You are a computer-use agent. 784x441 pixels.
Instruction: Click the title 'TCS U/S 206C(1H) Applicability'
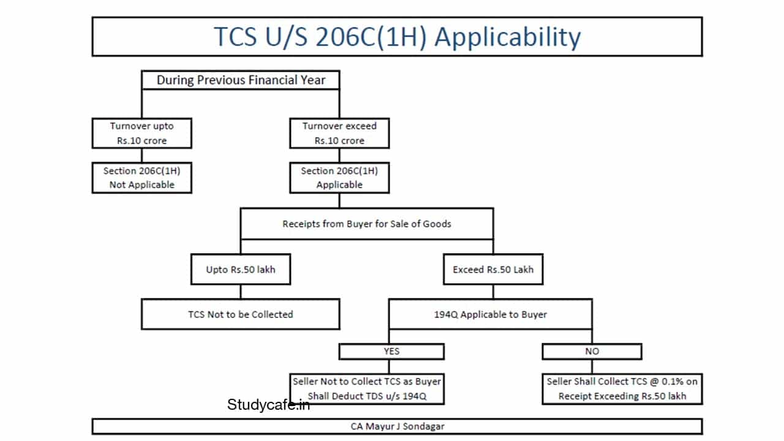[397, 37]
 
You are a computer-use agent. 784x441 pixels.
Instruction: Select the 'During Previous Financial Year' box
[241, 80]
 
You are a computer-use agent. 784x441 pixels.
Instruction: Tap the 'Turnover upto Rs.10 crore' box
[141, 134]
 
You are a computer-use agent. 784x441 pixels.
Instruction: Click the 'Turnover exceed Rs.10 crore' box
[339, 134]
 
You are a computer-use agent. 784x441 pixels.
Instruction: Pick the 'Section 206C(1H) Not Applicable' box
[141, 178]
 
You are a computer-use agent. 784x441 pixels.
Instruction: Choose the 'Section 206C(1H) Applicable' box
[339, 178]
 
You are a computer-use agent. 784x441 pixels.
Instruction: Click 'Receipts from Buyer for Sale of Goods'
[366, 224]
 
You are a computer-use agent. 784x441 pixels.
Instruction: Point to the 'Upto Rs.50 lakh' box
[240, 269]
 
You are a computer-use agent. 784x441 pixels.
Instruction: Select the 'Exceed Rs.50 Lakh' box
[493, 269]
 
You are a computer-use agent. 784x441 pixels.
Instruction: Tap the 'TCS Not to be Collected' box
[240, 314]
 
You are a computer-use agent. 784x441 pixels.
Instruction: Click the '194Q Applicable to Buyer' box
[490, 314]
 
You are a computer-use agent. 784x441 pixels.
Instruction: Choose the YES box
[391, 351]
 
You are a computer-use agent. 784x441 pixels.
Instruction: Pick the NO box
[592, 351]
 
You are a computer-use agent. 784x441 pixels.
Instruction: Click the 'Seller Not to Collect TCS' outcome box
[367, 388]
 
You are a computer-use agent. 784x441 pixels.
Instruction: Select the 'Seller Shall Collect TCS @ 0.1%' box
[622, 388]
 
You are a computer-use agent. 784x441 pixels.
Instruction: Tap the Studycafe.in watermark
[268, 405]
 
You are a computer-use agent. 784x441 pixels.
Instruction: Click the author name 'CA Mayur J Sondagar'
[397, 426]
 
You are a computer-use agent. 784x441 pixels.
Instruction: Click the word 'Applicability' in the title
[508, 37]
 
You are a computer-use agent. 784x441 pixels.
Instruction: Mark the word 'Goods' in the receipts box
[437, 224]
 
